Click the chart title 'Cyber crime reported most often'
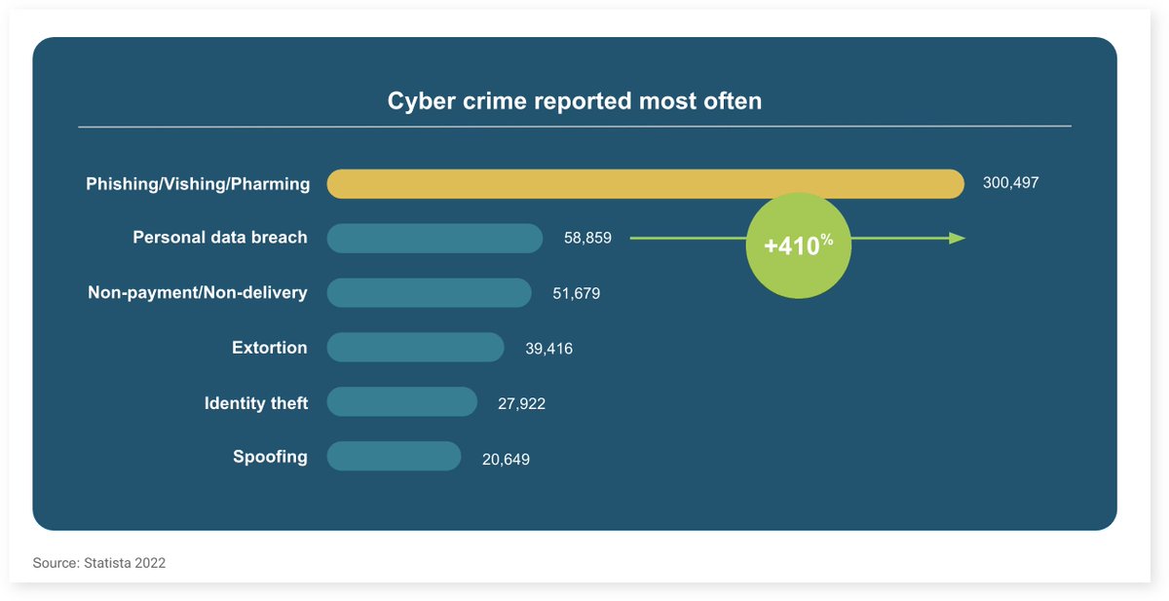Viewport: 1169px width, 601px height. point(575,101)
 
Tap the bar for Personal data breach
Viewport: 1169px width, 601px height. point(434,238)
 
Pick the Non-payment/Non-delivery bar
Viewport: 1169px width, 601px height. point(429,292)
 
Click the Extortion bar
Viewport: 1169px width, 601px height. point(415,348)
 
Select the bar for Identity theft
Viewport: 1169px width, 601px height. point(401,402)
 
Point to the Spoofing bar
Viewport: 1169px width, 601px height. point(394,457)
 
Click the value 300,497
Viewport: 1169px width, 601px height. point(1010,183)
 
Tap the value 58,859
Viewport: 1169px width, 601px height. point(587,238)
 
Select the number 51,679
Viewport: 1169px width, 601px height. point(576,293)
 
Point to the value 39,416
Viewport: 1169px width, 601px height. point(548,349)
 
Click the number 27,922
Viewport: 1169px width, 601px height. point(521,403)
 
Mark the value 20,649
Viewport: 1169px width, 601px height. point(506,459)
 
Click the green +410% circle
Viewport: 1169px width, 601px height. point(798,245)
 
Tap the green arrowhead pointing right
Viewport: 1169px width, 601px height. point(958,238)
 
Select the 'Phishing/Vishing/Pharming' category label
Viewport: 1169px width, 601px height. point(198,184)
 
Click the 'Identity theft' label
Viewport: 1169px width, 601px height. point(256,403)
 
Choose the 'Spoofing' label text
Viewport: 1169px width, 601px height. point(270,457)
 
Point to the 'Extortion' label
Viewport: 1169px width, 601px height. point(270,348)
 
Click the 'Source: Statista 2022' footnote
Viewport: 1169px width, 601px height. point(99,563)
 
